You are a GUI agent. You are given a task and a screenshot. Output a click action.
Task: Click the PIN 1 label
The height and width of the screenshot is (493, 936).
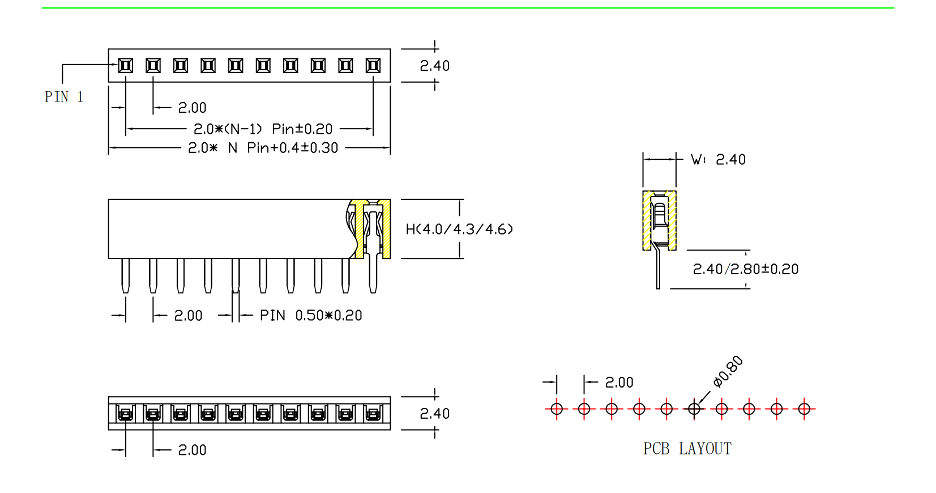click(x=64, y=97)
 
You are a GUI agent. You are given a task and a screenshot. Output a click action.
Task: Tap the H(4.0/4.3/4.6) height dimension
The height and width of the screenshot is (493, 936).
click(x=459, y=229)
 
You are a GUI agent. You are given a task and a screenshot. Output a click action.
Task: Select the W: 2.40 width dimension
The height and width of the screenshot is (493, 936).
click(x=719, y=159)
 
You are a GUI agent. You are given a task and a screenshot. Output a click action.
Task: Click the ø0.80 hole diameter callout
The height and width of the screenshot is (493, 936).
click(x=728, y=372)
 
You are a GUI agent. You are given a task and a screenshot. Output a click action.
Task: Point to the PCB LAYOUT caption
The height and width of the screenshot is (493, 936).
click(x=687, y=449)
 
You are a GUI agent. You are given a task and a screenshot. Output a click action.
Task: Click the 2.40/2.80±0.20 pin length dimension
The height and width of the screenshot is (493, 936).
click(x=745, y=269)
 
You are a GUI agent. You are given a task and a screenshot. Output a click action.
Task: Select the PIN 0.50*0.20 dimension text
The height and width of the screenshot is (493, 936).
click(x=311, y=315)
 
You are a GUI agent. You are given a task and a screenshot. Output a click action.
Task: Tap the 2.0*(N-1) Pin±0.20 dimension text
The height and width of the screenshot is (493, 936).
click(x=263, y=129)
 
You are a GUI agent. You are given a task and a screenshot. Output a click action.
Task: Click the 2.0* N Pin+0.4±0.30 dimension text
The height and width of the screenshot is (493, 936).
click(x=263, y=148)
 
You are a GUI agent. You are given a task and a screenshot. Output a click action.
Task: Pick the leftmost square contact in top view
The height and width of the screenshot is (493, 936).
click(x=125, y=66)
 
